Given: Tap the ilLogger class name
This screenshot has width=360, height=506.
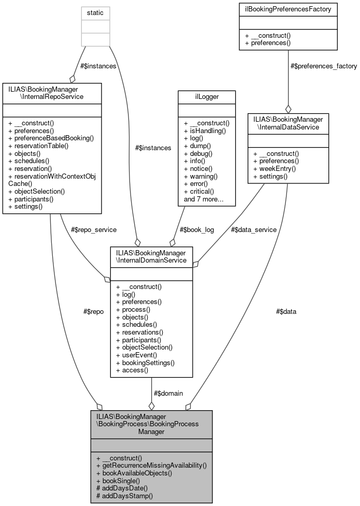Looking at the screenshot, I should click(x=206, y=96).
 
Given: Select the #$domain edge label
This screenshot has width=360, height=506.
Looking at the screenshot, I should click(x=168, y=393).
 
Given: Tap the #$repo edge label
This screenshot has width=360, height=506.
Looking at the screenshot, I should click(x=93, y=311).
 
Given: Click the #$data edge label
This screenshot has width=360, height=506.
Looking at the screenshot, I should click(x=286, y=311).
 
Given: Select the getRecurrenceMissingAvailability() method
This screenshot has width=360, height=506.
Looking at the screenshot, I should click(x=151, y=466).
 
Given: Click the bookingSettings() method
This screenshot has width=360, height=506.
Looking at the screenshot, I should click(x=145, y=363).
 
